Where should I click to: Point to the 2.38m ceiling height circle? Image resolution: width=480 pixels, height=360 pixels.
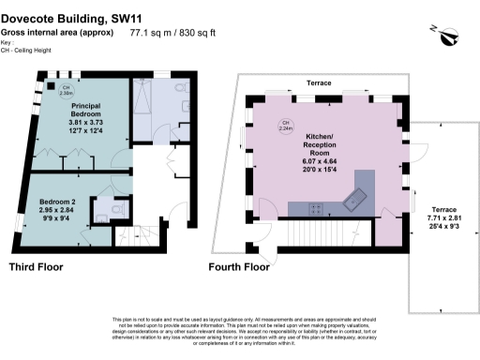point(67,91)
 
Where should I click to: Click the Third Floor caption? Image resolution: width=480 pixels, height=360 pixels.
point(37,267)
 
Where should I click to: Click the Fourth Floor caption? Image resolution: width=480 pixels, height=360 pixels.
point(239,267)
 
